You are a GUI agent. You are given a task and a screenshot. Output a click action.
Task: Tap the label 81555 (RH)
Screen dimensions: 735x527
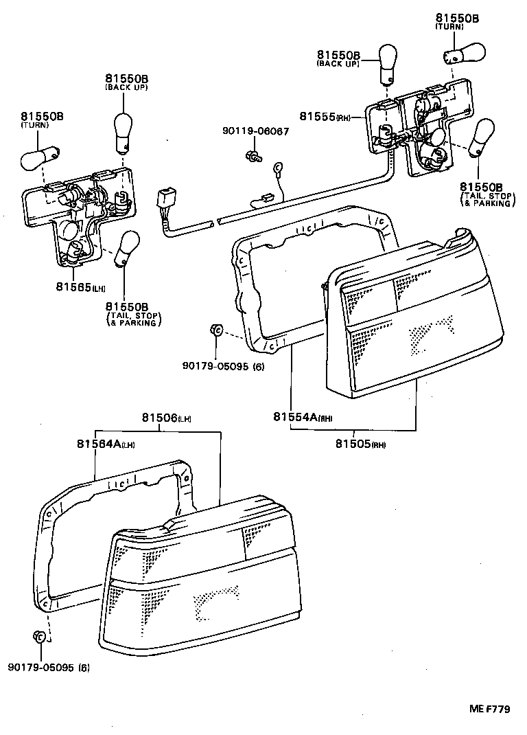(x=325, y=117)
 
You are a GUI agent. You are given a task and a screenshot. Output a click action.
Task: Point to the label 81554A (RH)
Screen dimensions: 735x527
(x=301, y=417)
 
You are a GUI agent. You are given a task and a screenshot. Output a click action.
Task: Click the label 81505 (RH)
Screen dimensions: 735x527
(x=360, y=444)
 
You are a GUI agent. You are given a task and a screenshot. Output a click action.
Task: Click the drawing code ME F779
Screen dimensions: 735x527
(x=489, y=710)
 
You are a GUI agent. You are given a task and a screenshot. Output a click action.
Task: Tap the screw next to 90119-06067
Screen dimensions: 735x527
(x=253, y=157)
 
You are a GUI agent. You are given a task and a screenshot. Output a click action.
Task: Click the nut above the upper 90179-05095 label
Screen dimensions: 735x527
(x=215, y=332)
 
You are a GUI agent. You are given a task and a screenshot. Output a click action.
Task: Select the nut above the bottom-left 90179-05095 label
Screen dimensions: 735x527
(x=39, y=637)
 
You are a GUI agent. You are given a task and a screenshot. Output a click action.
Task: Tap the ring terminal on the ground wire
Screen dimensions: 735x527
(x=279, y=166)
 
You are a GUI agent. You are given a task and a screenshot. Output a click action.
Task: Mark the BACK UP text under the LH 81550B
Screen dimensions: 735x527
(x=126, y=88)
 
